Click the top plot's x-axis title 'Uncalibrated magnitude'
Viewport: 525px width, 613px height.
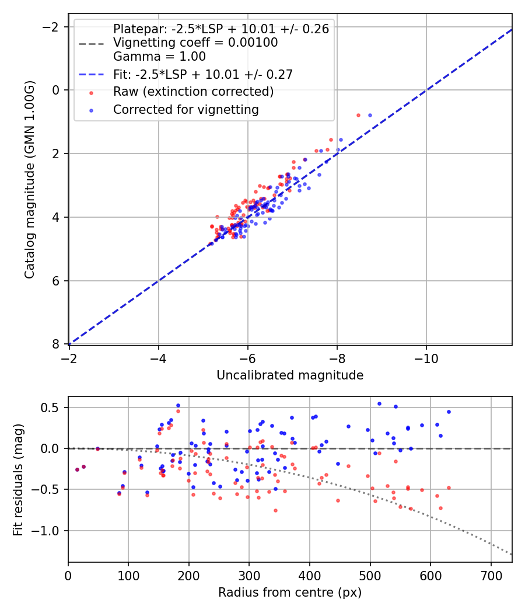(290, 375)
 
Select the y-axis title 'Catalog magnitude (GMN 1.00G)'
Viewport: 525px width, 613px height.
(30, 180)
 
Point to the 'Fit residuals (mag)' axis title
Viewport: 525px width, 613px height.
(18, 479)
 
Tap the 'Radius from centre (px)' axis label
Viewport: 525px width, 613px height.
(290, 593)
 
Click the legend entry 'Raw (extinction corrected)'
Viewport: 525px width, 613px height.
(193, 92)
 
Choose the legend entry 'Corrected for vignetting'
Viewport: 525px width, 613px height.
(186, 109)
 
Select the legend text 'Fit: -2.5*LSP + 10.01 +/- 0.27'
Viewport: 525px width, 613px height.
(202, 74)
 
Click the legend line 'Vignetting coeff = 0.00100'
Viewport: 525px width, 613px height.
(195, 43)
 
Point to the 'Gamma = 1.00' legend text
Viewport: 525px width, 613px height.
(159, 57)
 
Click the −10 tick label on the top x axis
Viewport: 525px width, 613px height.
(426, 357)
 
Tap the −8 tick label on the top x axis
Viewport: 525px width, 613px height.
(337, 357)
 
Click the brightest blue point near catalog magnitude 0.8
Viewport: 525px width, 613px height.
(370, 115)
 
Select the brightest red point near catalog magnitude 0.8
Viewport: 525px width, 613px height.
(358, 115)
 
